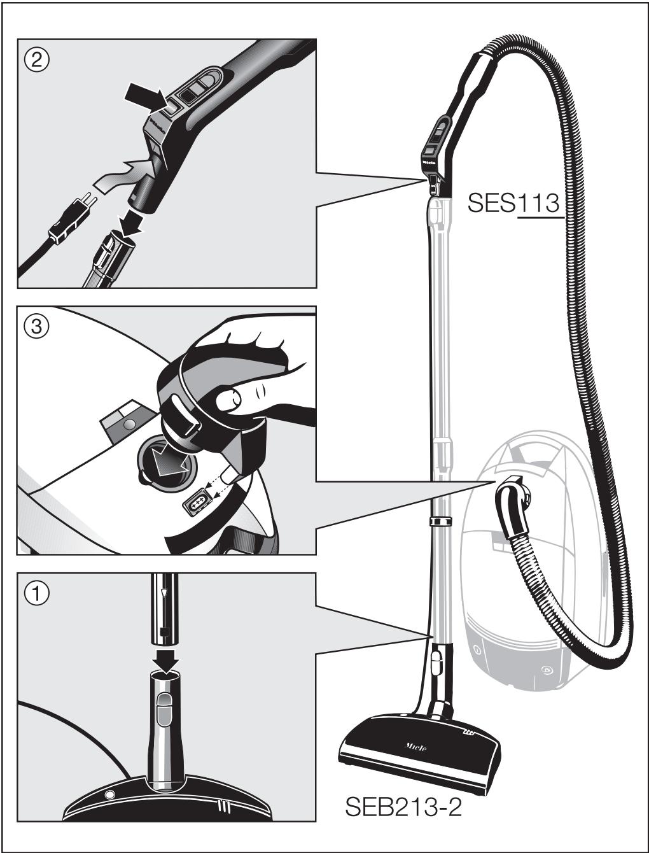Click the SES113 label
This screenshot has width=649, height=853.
coord(513,203)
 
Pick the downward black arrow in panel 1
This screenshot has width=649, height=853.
coord(164,662)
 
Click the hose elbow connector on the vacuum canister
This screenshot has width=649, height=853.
coord(514,506)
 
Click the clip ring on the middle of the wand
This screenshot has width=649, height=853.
coord(438,522)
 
